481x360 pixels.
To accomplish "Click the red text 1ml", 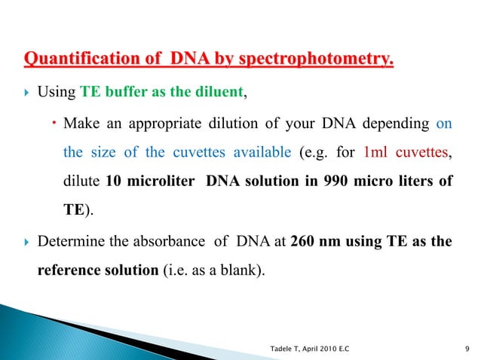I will click(375, 151).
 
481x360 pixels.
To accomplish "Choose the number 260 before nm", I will click(301, 242).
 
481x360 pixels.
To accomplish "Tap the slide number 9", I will click(468, 347).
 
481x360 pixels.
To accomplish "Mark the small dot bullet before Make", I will click(56, 123).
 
